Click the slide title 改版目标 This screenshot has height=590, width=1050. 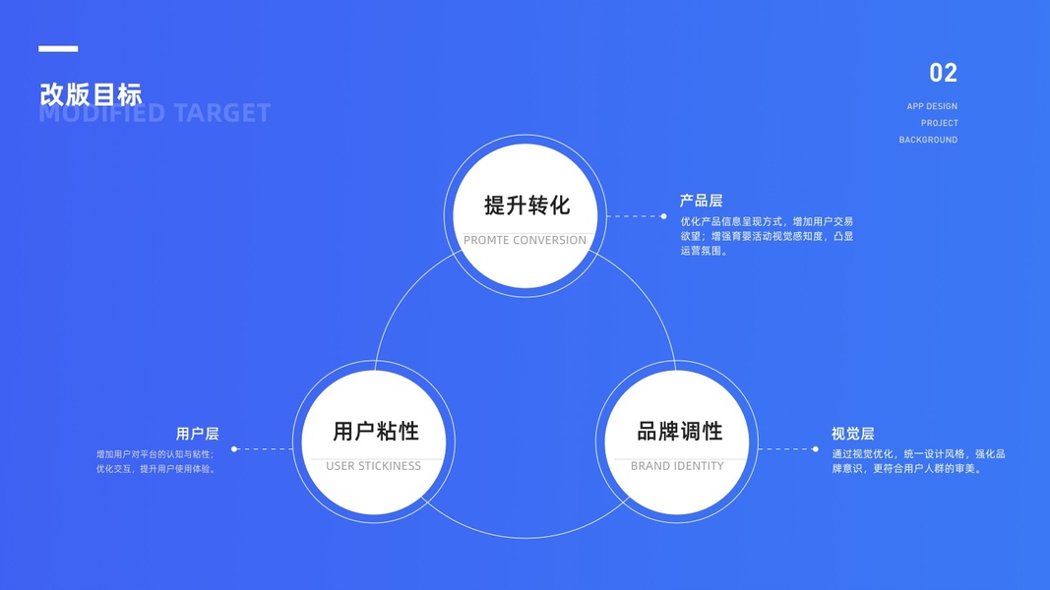coord(91,94)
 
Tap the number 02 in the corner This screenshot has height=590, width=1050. coord(943,73)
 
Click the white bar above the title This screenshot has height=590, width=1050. coord(58,48)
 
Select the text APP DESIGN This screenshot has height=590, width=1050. coord(932,106)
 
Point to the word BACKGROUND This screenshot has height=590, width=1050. coord(928,140)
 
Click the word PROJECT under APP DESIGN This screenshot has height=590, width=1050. coord(939,123)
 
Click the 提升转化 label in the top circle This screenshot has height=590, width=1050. coord(526,206)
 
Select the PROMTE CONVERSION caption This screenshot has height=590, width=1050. coord(525,240)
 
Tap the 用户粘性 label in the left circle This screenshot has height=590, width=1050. coord(375,431)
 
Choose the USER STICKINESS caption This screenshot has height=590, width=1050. coord(373,466)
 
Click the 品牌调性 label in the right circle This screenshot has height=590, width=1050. coord(679,431)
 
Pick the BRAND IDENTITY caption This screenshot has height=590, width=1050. coord(677,466)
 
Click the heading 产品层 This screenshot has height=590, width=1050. coord(701,201)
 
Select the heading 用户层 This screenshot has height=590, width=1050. coord(197,434)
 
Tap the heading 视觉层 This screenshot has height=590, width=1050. coord(852,434)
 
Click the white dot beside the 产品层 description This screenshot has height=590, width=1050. coord(663,215)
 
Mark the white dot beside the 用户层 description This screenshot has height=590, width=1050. coord(234,449)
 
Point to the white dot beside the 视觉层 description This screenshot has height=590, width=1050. coord(815,449)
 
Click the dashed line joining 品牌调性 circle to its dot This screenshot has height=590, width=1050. coord(785,449)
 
